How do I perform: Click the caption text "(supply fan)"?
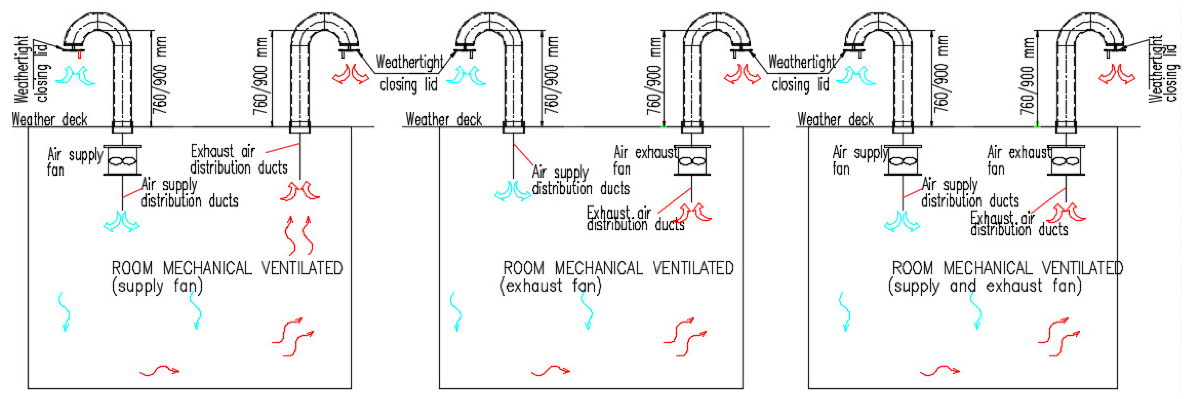tap(157, 286)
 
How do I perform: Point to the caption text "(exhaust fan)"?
tap(551, 286)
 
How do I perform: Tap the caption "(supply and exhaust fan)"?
tap(984, 286)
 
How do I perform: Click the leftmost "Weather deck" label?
tap(49, 120)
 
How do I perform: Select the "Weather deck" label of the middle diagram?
tap(443, 120)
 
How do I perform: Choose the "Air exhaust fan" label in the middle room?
tap(644, 160)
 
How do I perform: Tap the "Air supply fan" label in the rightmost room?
tap(859, 160)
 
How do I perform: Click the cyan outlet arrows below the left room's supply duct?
tap(122, 221)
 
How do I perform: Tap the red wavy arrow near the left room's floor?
tap(159, 370)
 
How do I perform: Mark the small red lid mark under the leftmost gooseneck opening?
tap(80, 54)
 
